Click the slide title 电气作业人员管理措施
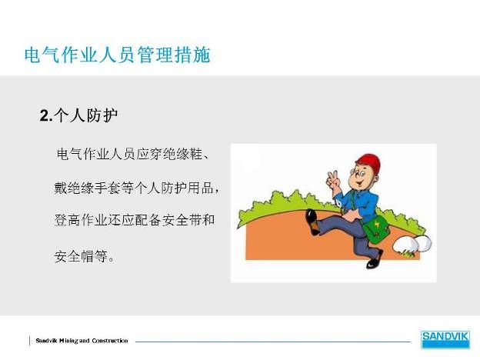pyautogui.click(x=118, y=55)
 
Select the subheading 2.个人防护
pyautogui.click(x=78, y=115)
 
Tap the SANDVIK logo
pyautogui.click(x=445, y=339)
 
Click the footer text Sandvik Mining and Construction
pyautogui.click(x=82, y=341)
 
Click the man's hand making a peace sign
pyautogui.click(x=333, y=179)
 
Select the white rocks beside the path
pyautogui.click(x=412, y=245)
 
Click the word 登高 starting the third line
pyautogui.click(x=68, y=220)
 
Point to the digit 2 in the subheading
pyautogui.click(x=44, y=116)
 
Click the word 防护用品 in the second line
pyautogui.click(x=187, y=188)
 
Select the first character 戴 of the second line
pyautogui.click(x=61, y=188)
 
